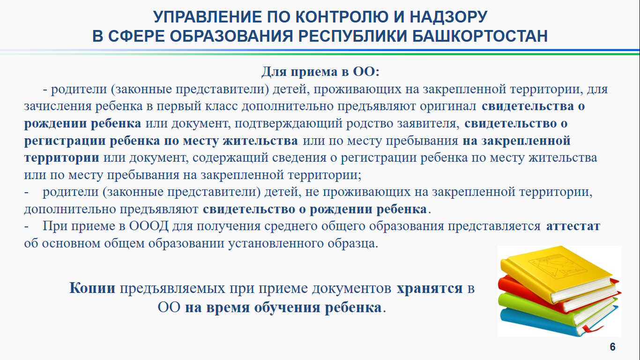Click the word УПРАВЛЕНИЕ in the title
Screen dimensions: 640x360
[x=208, y=17]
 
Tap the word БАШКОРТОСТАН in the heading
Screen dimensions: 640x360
[x=480, y=36]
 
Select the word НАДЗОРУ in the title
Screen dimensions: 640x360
[x=448, y=17]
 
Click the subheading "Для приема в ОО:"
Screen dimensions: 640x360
[x=320, y=72]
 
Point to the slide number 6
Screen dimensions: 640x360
[x=612, y=347]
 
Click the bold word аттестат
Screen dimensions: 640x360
[x=573, y=226]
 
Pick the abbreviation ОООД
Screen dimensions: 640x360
[x=149, y=226]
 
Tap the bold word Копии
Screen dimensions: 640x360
[x=92, y=288]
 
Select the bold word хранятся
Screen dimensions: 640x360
[x=430, y=288]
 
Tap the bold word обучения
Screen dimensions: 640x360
[x=287, y=308]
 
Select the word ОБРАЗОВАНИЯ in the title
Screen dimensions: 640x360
[x=232, y=36]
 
